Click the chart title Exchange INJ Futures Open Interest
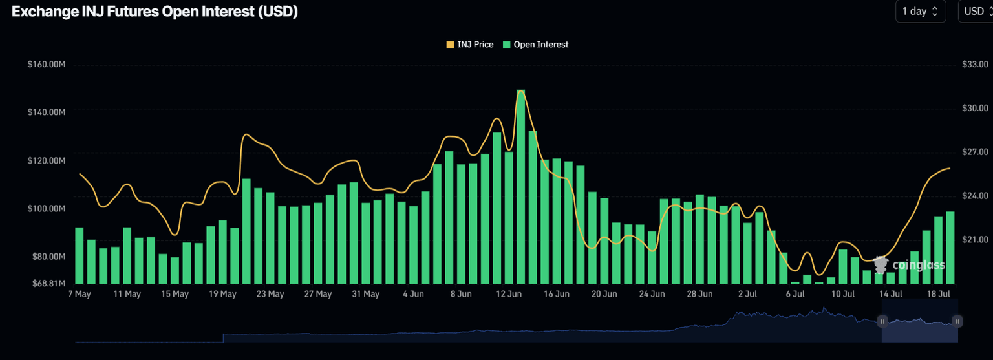[x=155, y=12]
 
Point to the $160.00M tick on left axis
[x=47, y=65]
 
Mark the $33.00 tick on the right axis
[x=975, y=65]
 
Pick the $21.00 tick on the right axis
[x=975, y=239]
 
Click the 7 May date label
[x=79, y=294]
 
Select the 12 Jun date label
[x=509, y=294]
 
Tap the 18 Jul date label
[x=939, y=294]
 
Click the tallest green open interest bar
[x=520, y=187]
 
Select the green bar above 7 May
[x=80, y=255]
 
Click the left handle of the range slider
[x=882, y=321]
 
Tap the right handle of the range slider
[x=957, y=321]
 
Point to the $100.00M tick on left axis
[x=47, y=209]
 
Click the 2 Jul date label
[x=747, y=294]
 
